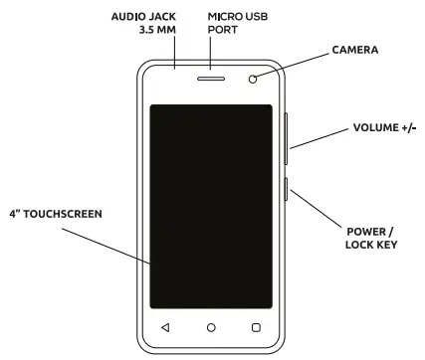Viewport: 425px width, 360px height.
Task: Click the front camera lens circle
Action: (256, 81)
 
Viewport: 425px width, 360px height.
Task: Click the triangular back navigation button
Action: (165, 326)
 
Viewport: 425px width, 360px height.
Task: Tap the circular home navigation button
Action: (211, 326)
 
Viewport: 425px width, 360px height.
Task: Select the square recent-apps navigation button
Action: (256, 326)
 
